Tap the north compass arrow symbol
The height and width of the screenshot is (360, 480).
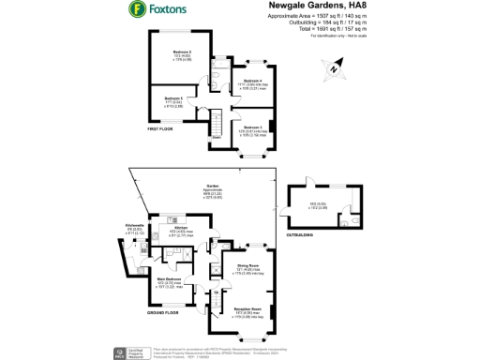(331, 66)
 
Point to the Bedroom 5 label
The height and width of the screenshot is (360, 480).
(174, 98)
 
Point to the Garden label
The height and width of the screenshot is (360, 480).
(212, 187)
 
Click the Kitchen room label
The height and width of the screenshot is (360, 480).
(181, 227)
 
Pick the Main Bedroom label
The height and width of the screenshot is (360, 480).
(169, 278)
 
